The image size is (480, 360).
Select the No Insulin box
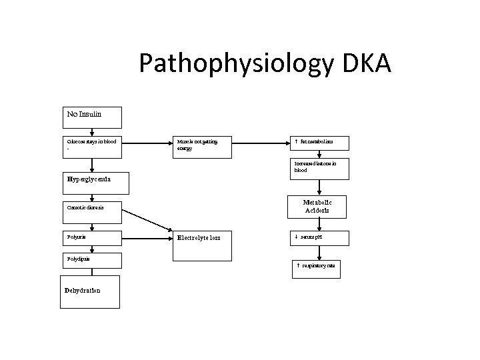(x=93, y=117)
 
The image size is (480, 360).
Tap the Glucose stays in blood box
(x=93, y=147)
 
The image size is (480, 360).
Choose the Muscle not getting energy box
(x=202, y=147)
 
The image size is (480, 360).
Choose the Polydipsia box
(x=93, y=260)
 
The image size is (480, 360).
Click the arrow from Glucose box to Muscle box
(x=147, y=142)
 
